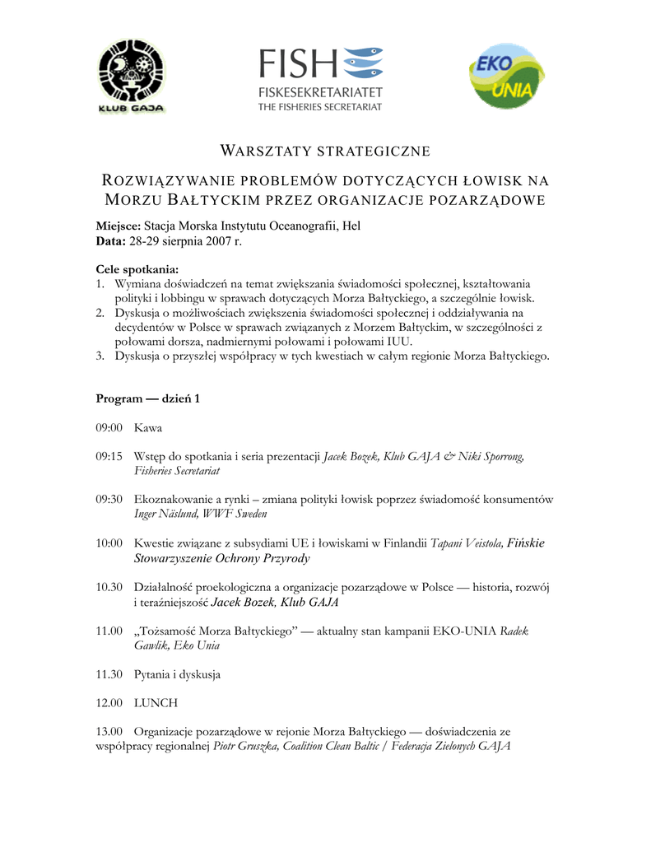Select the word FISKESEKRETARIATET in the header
point(320,91)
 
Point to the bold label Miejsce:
point(119,226)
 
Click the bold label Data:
point(110,241)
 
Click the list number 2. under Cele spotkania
point(100,313)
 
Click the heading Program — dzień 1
point(148,398)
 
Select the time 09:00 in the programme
point(109,428)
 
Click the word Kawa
point(148,428)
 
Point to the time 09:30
point(109,499)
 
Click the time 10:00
point(109,543)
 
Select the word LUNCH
point(156,703)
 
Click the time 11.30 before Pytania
point(109,674)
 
